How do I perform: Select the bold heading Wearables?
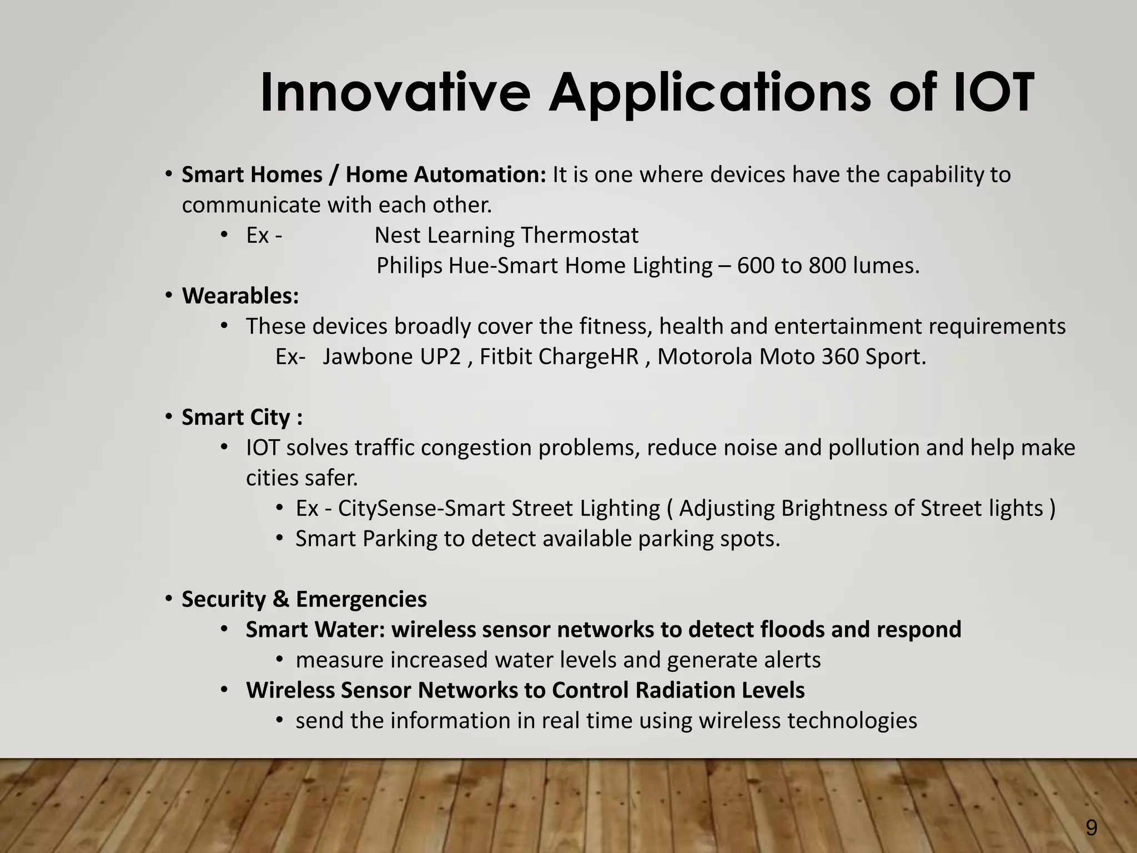tap(240, 296)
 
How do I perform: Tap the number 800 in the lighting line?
tap(827, 266)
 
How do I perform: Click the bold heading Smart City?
tap(236, 418)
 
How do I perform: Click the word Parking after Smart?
tap(400, 539)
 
